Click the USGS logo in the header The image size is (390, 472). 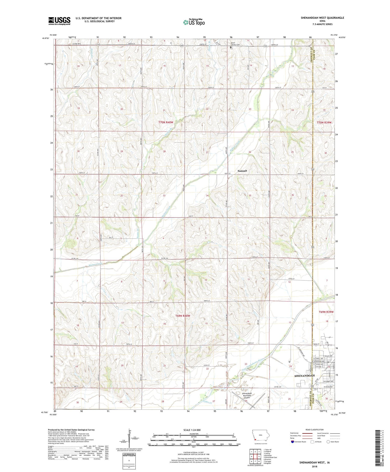59,21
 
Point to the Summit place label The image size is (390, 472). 242,171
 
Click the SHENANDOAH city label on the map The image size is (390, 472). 304,376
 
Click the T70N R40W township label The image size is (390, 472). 166,122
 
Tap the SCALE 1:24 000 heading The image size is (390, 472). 194,430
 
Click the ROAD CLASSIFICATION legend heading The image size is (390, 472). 315,430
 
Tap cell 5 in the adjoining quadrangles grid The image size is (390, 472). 259,456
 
